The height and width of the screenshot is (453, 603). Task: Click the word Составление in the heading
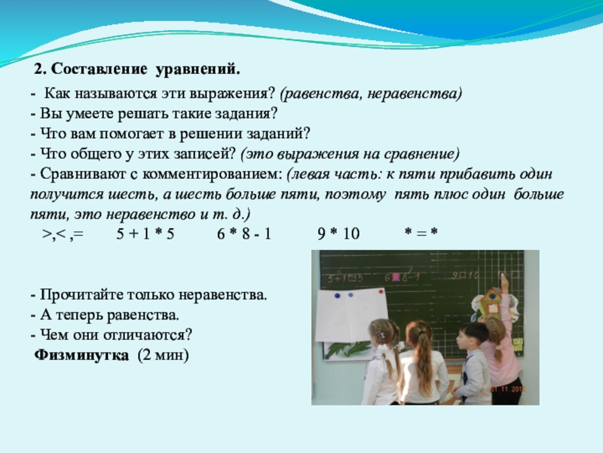point(99,69)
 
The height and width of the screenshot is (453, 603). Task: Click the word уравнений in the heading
point(198,69)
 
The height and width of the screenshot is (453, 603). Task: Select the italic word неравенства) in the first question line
point(414,94)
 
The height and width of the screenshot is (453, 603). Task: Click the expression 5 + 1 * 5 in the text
point(145,233)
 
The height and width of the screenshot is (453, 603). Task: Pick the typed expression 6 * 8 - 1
point(244,233)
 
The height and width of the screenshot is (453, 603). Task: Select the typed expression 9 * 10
point(338,233)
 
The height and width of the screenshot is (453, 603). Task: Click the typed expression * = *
point(421,233)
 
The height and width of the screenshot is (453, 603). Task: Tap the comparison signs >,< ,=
point(63,234)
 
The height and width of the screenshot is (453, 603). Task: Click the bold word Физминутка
point(81,355)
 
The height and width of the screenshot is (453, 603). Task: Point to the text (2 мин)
point(164,355)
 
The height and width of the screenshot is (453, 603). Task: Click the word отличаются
point(146,334)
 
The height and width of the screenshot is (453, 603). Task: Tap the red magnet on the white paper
point(381,291)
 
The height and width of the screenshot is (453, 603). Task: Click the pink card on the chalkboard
point(396,277)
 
